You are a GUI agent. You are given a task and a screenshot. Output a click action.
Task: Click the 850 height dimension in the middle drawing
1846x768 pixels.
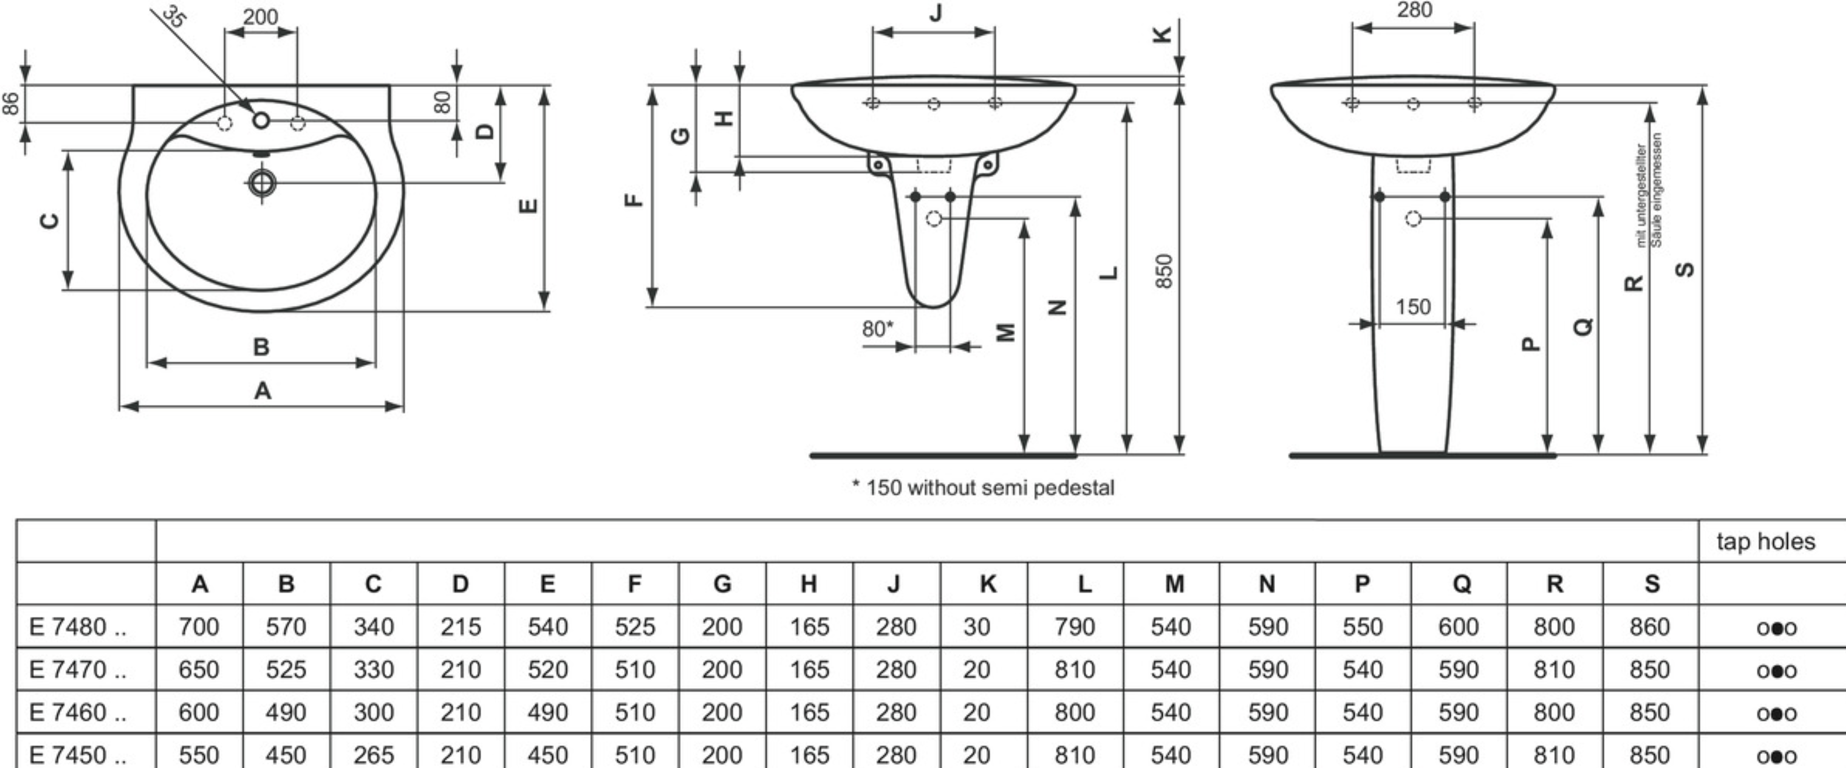[x=1165, y=271]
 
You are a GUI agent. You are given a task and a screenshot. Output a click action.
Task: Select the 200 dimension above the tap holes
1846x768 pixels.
[x=260, y=17]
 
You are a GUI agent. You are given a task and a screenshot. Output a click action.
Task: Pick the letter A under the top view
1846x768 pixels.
[x=263, y=391]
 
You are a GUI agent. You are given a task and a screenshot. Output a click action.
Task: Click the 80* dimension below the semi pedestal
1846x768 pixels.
[x=877, y=329]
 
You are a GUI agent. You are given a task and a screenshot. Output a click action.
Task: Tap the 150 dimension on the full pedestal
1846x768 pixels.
[x=1412, y=306]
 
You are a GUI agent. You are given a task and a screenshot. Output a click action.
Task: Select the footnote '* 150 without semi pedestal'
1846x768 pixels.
[x=983, y=488]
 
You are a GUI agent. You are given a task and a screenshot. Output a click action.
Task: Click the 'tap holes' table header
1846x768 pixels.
[x=1765, y=542]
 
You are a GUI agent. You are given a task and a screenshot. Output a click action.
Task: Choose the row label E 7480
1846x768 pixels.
[x=77, y=627]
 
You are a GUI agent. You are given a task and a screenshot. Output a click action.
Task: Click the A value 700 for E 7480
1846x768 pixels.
[x=199, y=627]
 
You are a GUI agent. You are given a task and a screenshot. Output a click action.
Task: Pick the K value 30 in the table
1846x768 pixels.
[x=976, y=627]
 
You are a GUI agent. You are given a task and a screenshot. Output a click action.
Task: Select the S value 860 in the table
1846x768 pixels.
[x=1649, y=627]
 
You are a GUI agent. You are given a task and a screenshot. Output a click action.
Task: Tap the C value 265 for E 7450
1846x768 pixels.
[x=373, y=755]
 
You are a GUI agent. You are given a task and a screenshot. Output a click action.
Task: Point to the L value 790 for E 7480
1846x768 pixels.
[x=1074, y=627]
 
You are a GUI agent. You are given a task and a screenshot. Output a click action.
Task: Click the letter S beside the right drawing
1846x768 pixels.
[x=1686, y=269]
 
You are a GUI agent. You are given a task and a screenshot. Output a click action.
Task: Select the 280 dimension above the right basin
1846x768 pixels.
[x=1414, y=10]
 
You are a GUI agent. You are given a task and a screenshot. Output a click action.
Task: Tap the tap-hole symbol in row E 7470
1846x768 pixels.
[x=1776, y=671]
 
